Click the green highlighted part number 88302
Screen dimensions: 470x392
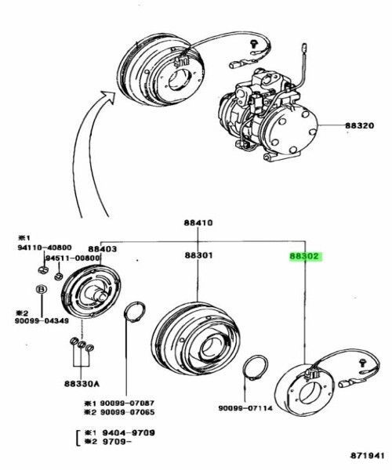[x=305, y=255]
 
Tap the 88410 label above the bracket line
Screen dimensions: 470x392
[x=198, y=222]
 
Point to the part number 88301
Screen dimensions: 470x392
[x=198, y=255]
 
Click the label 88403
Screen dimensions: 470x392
[x=102, y=248]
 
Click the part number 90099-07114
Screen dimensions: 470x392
[x=246, y=407]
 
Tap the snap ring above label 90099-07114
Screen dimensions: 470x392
[x=254, y=368]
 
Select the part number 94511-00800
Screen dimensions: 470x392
[x=73, y=258]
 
